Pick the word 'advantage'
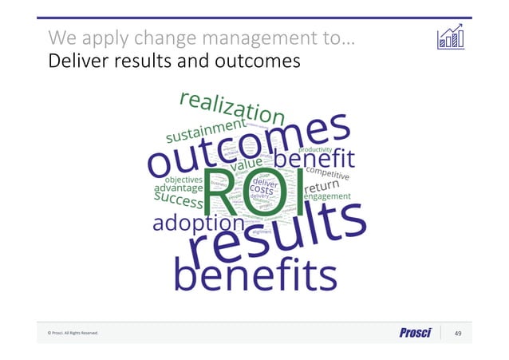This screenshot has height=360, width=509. tap(178, 188)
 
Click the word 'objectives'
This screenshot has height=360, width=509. tap(183, 178)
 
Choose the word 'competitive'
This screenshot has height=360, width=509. tap(326, 171)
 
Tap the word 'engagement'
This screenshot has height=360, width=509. tap(327, 196)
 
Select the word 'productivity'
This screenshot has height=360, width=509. tap(317, 148)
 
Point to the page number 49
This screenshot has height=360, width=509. tap(458, 332)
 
